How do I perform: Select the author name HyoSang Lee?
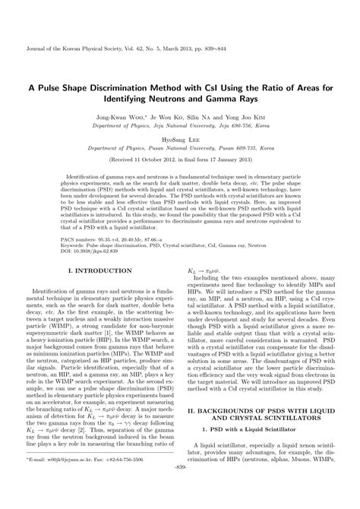pos(180,151)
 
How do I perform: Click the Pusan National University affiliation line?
pos(180,161)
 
